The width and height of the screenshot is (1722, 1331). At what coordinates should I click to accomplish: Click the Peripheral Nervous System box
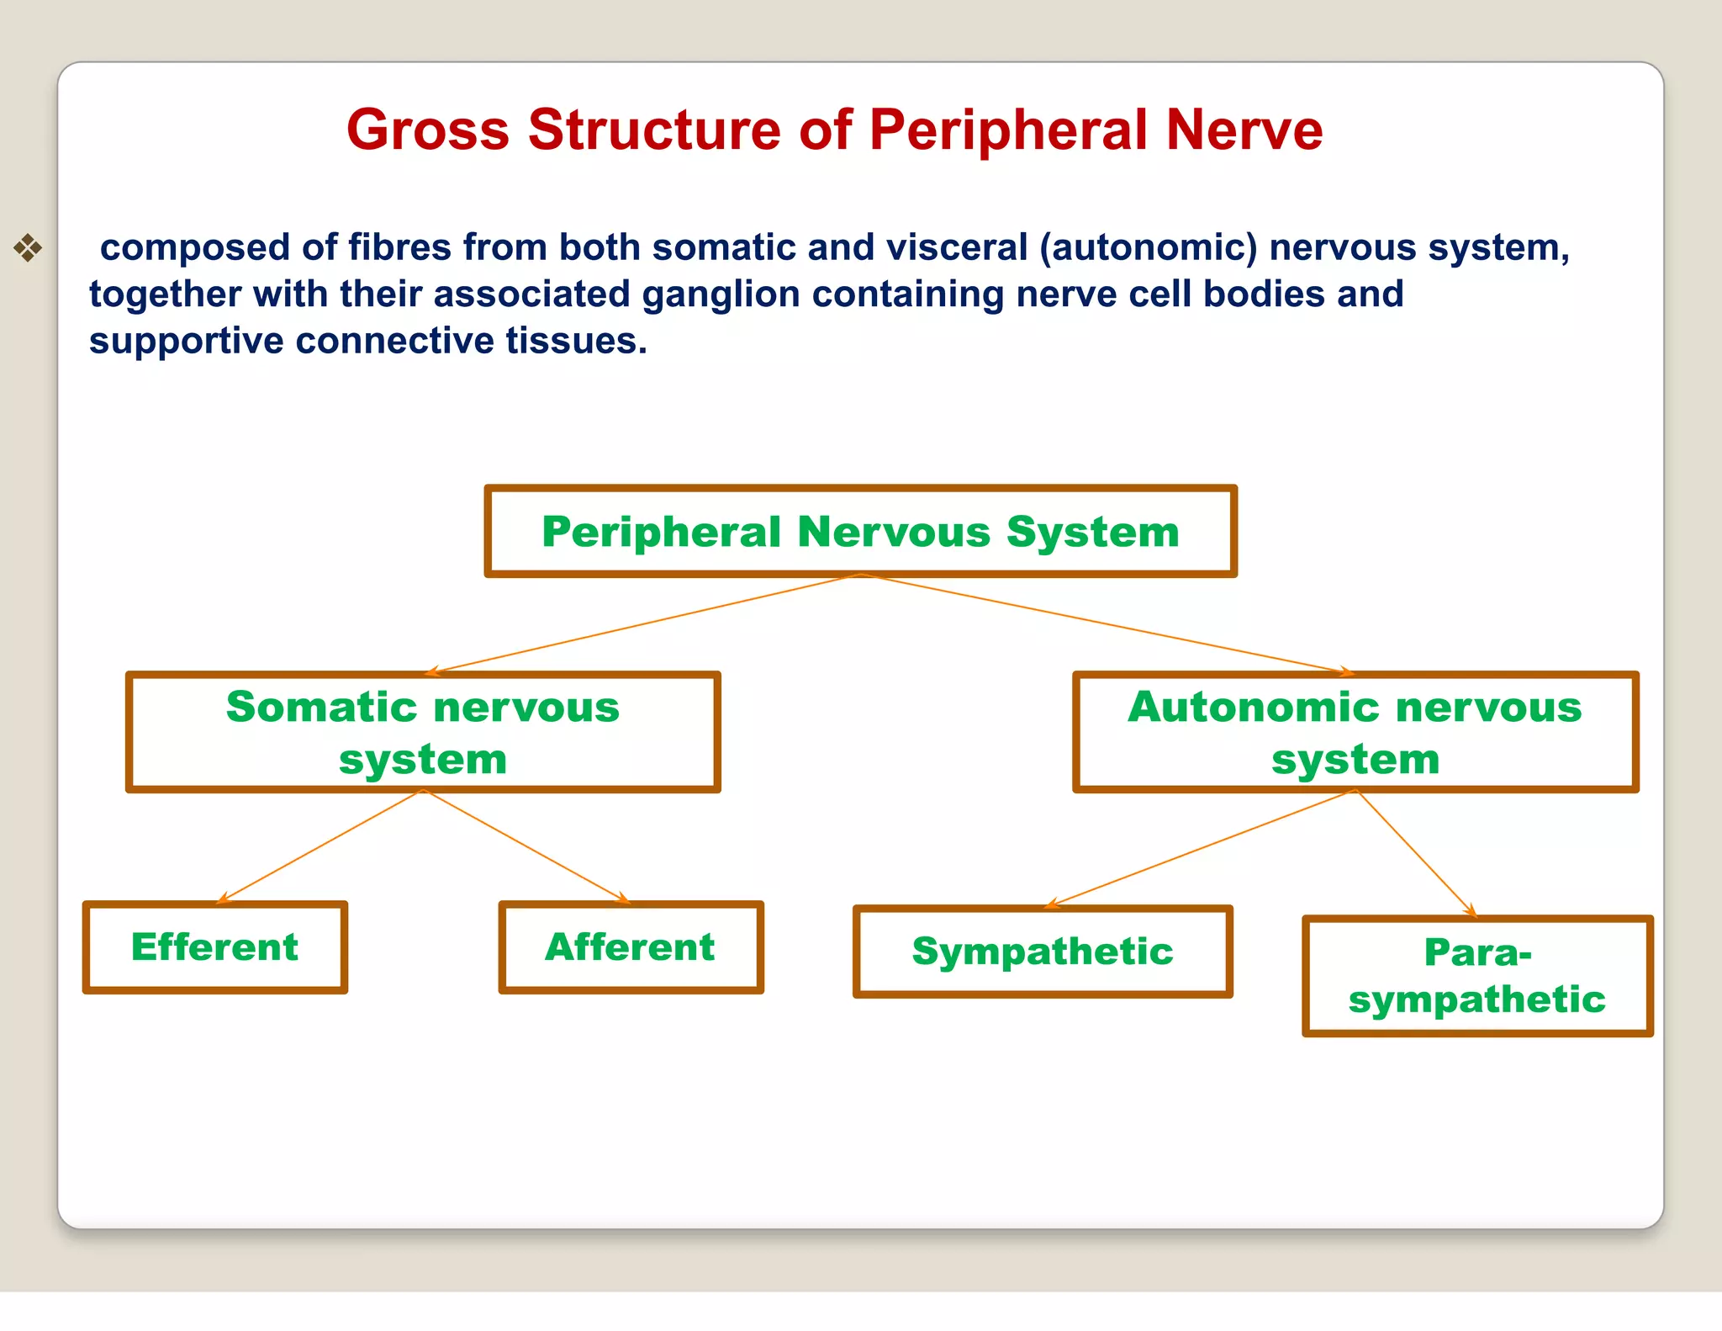[860, 532]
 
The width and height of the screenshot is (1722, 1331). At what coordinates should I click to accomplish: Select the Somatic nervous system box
[423, 732]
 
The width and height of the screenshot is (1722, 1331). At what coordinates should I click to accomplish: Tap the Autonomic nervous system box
[1355, 732]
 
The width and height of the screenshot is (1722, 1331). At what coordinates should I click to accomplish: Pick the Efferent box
[214, 947]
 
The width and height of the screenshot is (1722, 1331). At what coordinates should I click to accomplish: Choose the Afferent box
[631, 947]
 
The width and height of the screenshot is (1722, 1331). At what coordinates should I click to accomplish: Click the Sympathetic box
[1043, 952]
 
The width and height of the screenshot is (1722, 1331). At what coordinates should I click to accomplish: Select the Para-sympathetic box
[1477, 976]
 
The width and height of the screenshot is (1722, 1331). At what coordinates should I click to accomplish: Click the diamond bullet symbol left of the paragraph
[28, 248]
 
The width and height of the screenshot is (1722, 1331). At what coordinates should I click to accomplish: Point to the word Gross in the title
[428, 130]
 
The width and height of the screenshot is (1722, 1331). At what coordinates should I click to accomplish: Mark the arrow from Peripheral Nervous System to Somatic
[643, 623]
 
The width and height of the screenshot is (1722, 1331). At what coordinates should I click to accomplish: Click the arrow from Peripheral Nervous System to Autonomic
[1101, 623]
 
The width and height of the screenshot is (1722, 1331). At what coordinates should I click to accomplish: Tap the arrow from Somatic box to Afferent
[526, 846]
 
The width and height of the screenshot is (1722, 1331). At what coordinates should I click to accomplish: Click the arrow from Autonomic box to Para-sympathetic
[1417, 852]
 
